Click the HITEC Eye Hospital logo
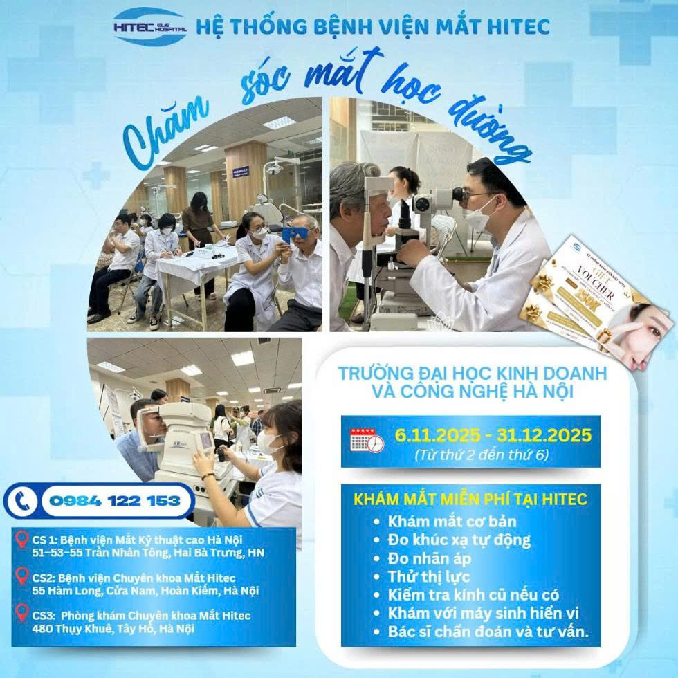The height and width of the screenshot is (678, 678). tap(149, 26)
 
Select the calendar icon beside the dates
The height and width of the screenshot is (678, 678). tap(366, 439)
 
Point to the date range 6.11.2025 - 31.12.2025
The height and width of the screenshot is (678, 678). tap(493, 435)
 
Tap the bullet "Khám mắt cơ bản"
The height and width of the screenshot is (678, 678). tap(452, 521)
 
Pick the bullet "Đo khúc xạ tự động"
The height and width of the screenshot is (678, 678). tap(460, 539)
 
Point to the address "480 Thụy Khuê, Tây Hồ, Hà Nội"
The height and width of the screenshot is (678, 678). tap(113, 628)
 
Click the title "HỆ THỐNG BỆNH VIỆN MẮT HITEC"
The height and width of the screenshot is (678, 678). tap(373, 26)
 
